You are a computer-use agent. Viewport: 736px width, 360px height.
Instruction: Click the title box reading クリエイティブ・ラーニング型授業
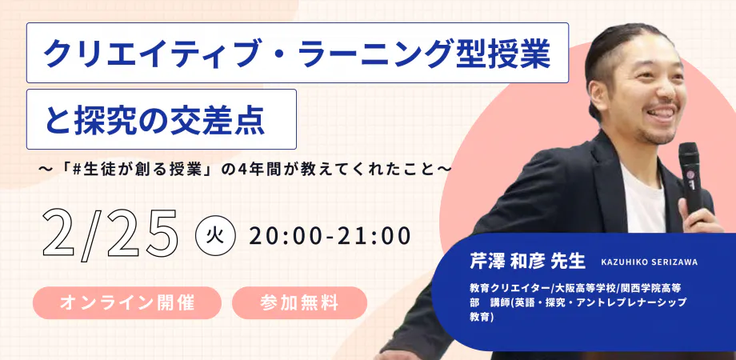click(x=298, y=53)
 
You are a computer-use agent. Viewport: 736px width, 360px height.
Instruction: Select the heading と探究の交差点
click(x=162, y=119)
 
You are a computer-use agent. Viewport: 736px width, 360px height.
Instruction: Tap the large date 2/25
click(x=110, y=234)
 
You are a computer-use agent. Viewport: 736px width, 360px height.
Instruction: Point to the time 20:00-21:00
click(x=330, y=237)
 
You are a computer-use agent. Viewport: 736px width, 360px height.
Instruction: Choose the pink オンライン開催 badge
click(x=126, y=302)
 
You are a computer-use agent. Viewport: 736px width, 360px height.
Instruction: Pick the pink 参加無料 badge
click(x=299, y=302)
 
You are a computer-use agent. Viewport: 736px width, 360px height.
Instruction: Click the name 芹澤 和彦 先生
click(x=527, y=262)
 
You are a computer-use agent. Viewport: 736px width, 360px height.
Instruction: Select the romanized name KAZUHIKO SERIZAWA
click(x=649, y=262)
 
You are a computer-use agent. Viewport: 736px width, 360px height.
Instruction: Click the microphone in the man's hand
click(x=690, y=178)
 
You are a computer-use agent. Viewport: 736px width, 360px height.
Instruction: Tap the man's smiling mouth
click(x=662, y=114)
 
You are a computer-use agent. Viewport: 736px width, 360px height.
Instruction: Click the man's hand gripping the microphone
click(x=699, y=214)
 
